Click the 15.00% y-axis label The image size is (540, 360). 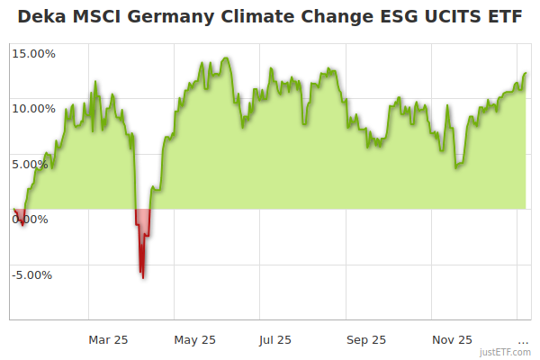[34, 53]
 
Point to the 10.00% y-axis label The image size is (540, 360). [34, 108]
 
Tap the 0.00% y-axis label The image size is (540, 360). [31, 219]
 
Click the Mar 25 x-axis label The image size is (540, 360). [109, 339]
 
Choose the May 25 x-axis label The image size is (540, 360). [195, 339]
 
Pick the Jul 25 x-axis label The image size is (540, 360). [275, 339]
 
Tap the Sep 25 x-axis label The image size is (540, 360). [366, 339]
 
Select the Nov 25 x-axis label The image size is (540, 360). [452, 339]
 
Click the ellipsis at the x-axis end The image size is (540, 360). [523, 339]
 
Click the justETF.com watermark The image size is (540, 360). [505, 353]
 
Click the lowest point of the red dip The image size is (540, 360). [142, 277]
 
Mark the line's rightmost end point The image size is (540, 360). [526, 73]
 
